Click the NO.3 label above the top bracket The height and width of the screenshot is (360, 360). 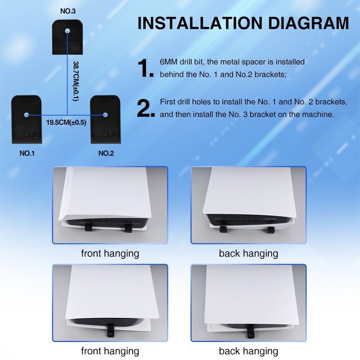point(68,11)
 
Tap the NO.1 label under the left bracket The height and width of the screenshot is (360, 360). point(27,153)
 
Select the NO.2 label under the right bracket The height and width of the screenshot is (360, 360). point(106,153)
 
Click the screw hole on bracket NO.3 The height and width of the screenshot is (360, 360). point(67,31)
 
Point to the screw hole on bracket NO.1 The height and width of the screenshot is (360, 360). point(27,115)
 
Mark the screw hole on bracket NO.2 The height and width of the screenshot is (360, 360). point(105,115)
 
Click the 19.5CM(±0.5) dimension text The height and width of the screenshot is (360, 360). point(66,122)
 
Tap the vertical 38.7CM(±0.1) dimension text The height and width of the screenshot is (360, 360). point(76,81)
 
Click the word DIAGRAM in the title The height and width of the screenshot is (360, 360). point(309,23)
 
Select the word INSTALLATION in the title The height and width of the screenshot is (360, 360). point(200,23)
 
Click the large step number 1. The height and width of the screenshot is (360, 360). point(145,68)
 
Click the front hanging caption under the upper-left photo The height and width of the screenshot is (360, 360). point(110,254)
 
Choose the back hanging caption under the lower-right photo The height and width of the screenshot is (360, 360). point(248,351)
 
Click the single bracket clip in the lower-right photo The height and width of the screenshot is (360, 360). point(250,332)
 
